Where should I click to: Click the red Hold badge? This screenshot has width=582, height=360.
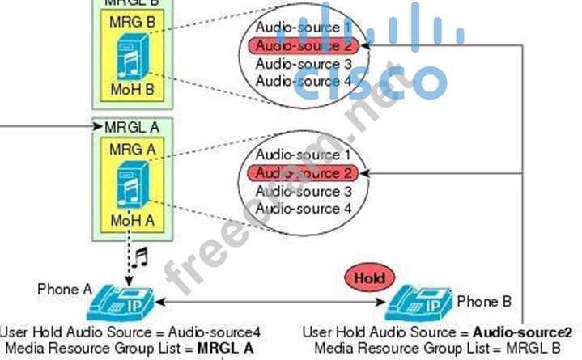click(374, 277)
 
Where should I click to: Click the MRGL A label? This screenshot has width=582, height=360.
click(133, 127)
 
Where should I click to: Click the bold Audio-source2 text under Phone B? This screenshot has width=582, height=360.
click(523, 332)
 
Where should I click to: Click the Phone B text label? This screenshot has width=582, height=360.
click(484, 302)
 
